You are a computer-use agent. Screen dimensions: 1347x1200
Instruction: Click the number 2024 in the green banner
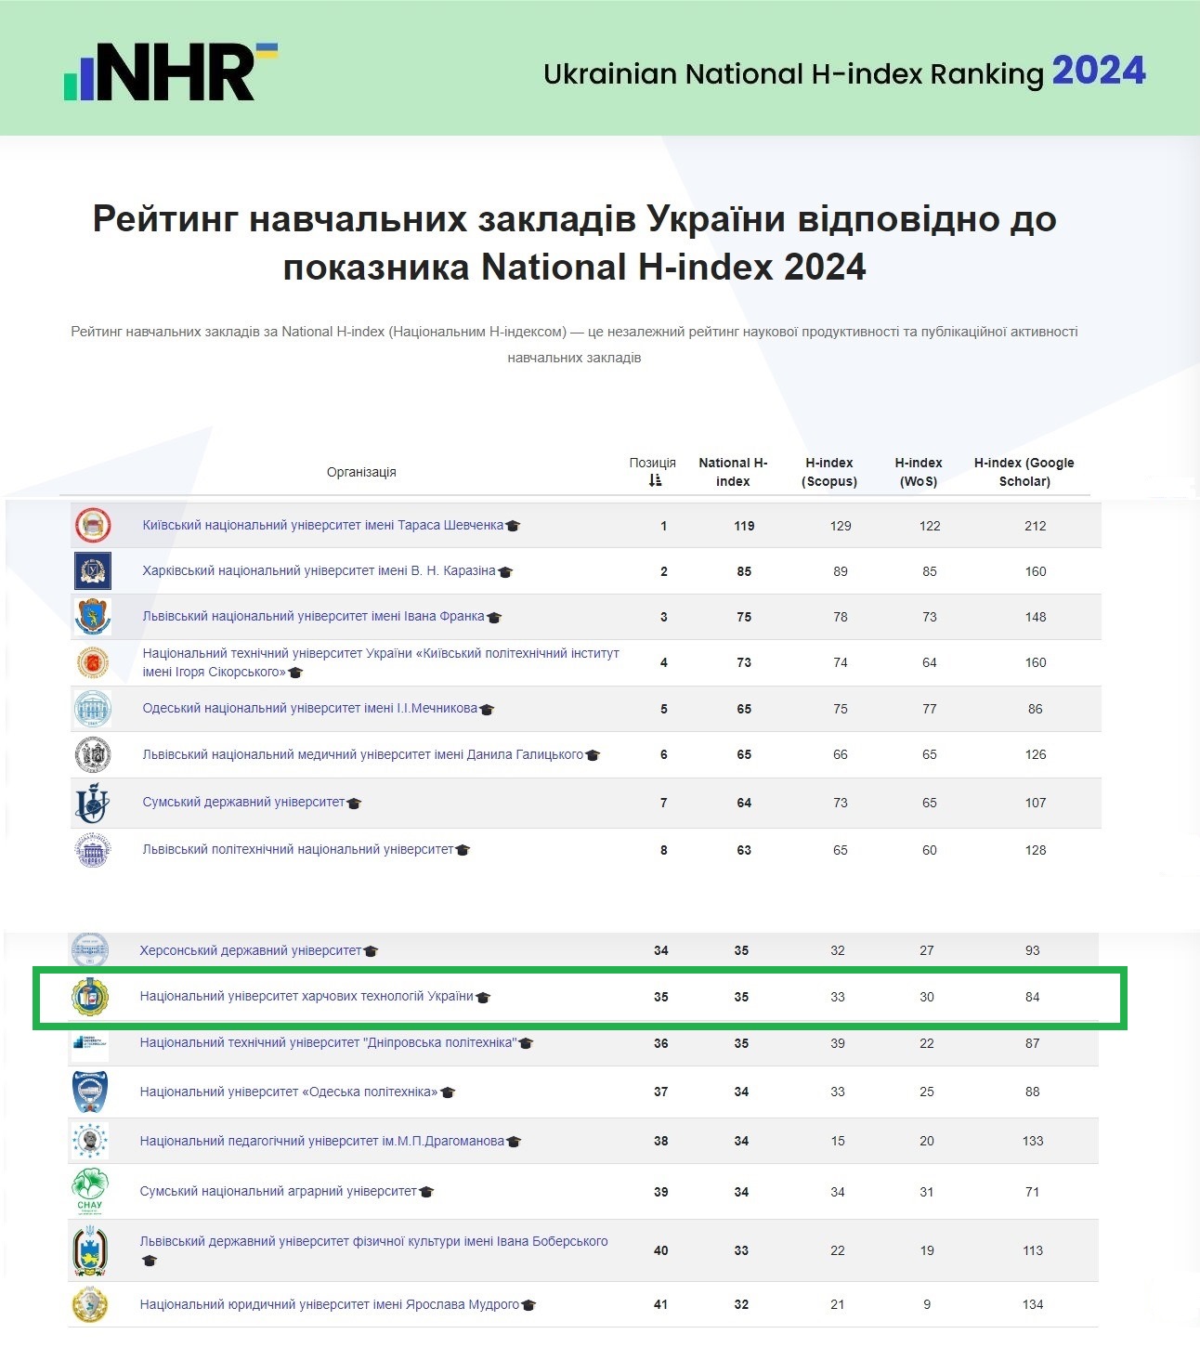(1099, 71)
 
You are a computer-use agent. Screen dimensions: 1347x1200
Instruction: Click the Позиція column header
(653, 471)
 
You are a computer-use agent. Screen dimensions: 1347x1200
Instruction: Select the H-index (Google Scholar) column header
(1024, 472)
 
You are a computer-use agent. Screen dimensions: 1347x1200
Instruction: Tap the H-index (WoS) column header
(918, 472)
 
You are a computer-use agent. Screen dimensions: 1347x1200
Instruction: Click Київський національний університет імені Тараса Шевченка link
(322, 525)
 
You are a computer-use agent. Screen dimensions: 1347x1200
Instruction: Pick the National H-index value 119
(744, 526)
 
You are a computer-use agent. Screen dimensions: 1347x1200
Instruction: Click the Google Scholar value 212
(1035, 526)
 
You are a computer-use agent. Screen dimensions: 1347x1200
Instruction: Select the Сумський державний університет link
(243, 802)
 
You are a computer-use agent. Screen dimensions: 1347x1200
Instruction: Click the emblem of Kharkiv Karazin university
(93, 570)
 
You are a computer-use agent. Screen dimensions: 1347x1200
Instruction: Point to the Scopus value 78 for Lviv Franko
(840, 617)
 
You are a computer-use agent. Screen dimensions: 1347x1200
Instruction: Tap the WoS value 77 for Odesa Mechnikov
(929, 709)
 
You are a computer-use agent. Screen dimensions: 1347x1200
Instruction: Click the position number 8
(663, 850)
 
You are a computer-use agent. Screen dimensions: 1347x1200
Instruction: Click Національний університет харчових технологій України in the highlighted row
(307, 996)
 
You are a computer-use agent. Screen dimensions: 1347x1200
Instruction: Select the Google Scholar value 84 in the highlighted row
(1032, 997)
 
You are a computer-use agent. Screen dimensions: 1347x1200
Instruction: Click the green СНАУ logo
(90, 1191)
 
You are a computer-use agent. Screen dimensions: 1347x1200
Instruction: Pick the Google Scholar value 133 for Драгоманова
(1032, 1141)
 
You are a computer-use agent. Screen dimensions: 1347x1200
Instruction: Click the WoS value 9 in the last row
(926, 1304)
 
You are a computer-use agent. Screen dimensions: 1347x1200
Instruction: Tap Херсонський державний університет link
(250, 950)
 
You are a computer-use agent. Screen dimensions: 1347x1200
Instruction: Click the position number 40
(660, 1250)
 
